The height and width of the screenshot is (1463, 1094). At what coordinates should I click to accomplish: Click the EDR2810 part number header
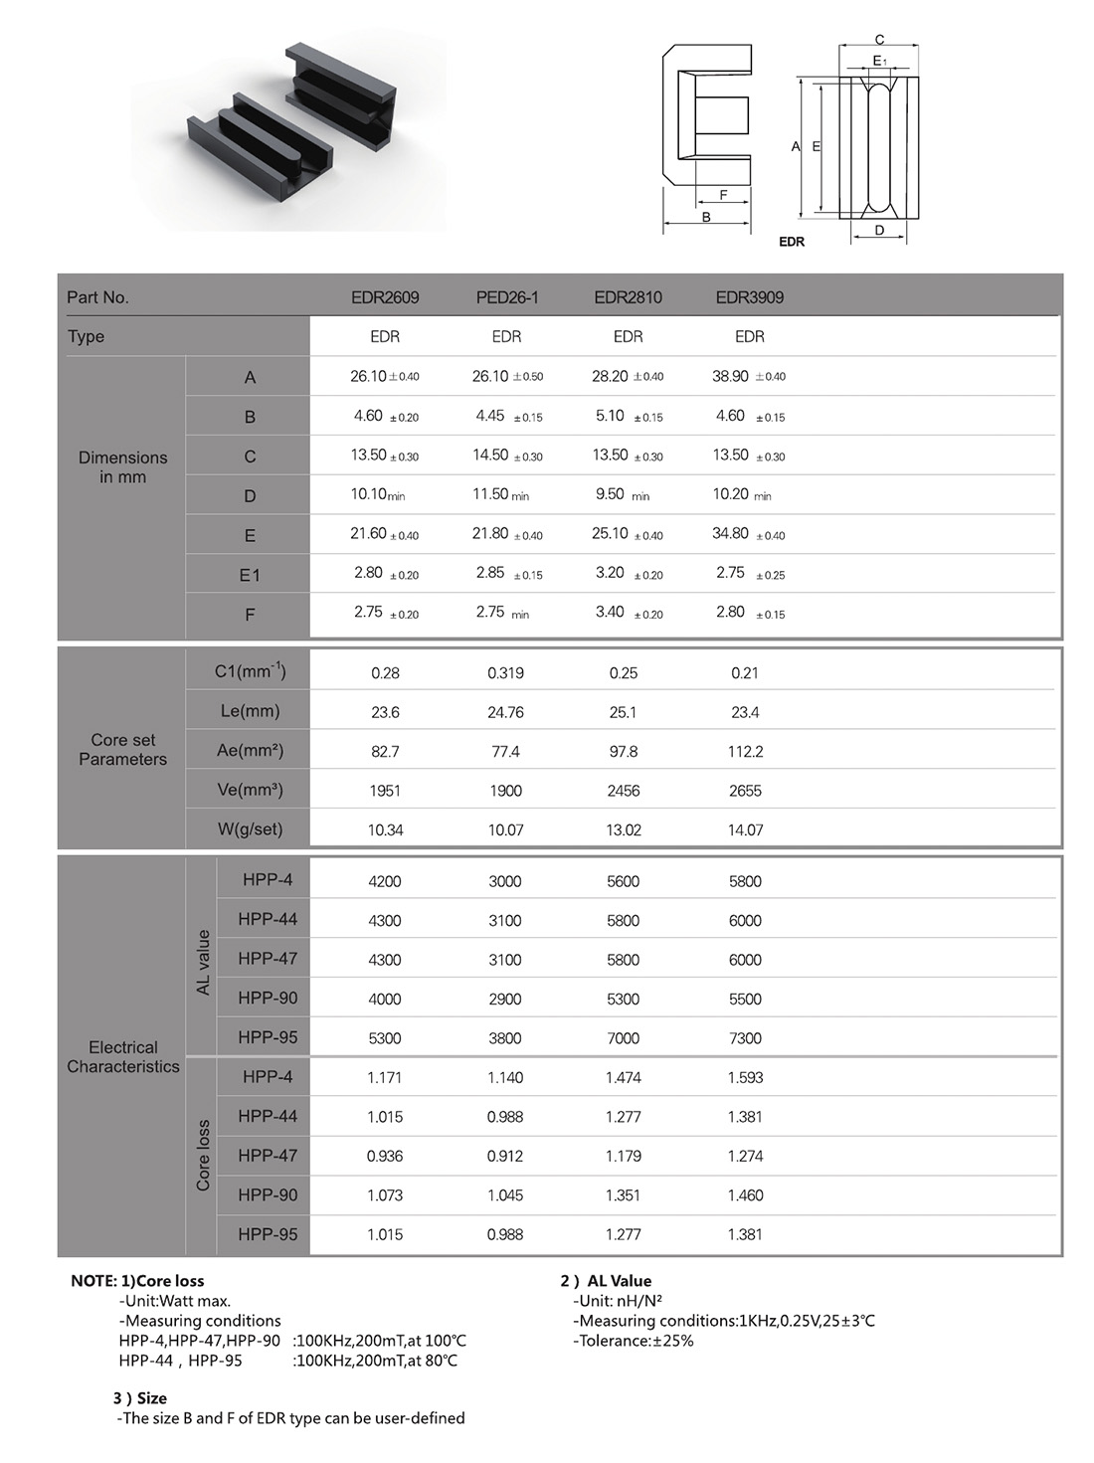pos(628,297)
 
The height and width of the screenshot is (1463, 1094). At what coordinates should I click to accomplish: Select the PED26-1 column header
pos(506,297)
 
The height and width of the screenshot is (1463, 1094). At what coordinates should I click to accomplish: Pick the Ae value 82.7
pos(385,752)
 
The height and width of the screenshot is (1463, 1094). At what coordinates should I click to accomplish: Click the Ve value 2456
pos(624,791)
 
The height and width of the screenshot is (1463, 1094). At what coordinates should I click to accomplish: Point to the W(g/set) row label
pos(250,829)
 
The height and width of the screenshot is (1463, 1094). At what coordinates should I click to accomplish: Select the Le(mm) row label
pos(250,712)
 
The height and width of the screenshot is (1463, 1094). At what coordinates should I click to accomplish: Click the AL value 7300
pos(745,1038)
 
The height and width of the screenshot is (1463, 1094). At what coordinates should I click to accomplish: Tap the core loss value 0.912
pos(505,1156)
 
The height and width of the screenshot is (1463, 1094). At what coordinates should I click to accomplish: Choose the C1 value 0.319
pos(505,673)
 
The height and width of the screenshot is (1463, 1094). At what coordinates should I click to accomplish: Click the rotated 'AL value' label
pos(204,962)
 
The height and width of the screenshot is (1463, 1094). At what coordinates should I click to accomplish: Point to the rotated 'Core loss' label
pos(204,1156)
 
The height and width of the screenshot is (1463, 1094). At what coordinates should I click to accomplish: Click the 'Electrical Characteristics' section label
pos(123,1057)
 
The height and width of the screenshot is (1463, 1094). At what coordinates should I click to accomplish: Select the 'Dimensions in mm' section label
pos(123,467)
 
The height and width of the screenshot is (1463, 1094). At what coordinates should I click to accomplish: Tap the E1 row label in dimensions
pos(250,575)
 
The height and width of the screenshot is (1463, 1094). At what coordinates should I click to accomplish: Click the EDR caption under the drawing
pos(792,242)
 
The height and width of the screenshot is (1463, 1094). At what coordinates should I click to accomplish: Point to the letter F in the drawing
pos(723,195)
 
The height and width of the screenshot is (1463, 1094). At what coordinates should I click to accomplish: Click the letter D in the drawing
pos(879,230)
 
